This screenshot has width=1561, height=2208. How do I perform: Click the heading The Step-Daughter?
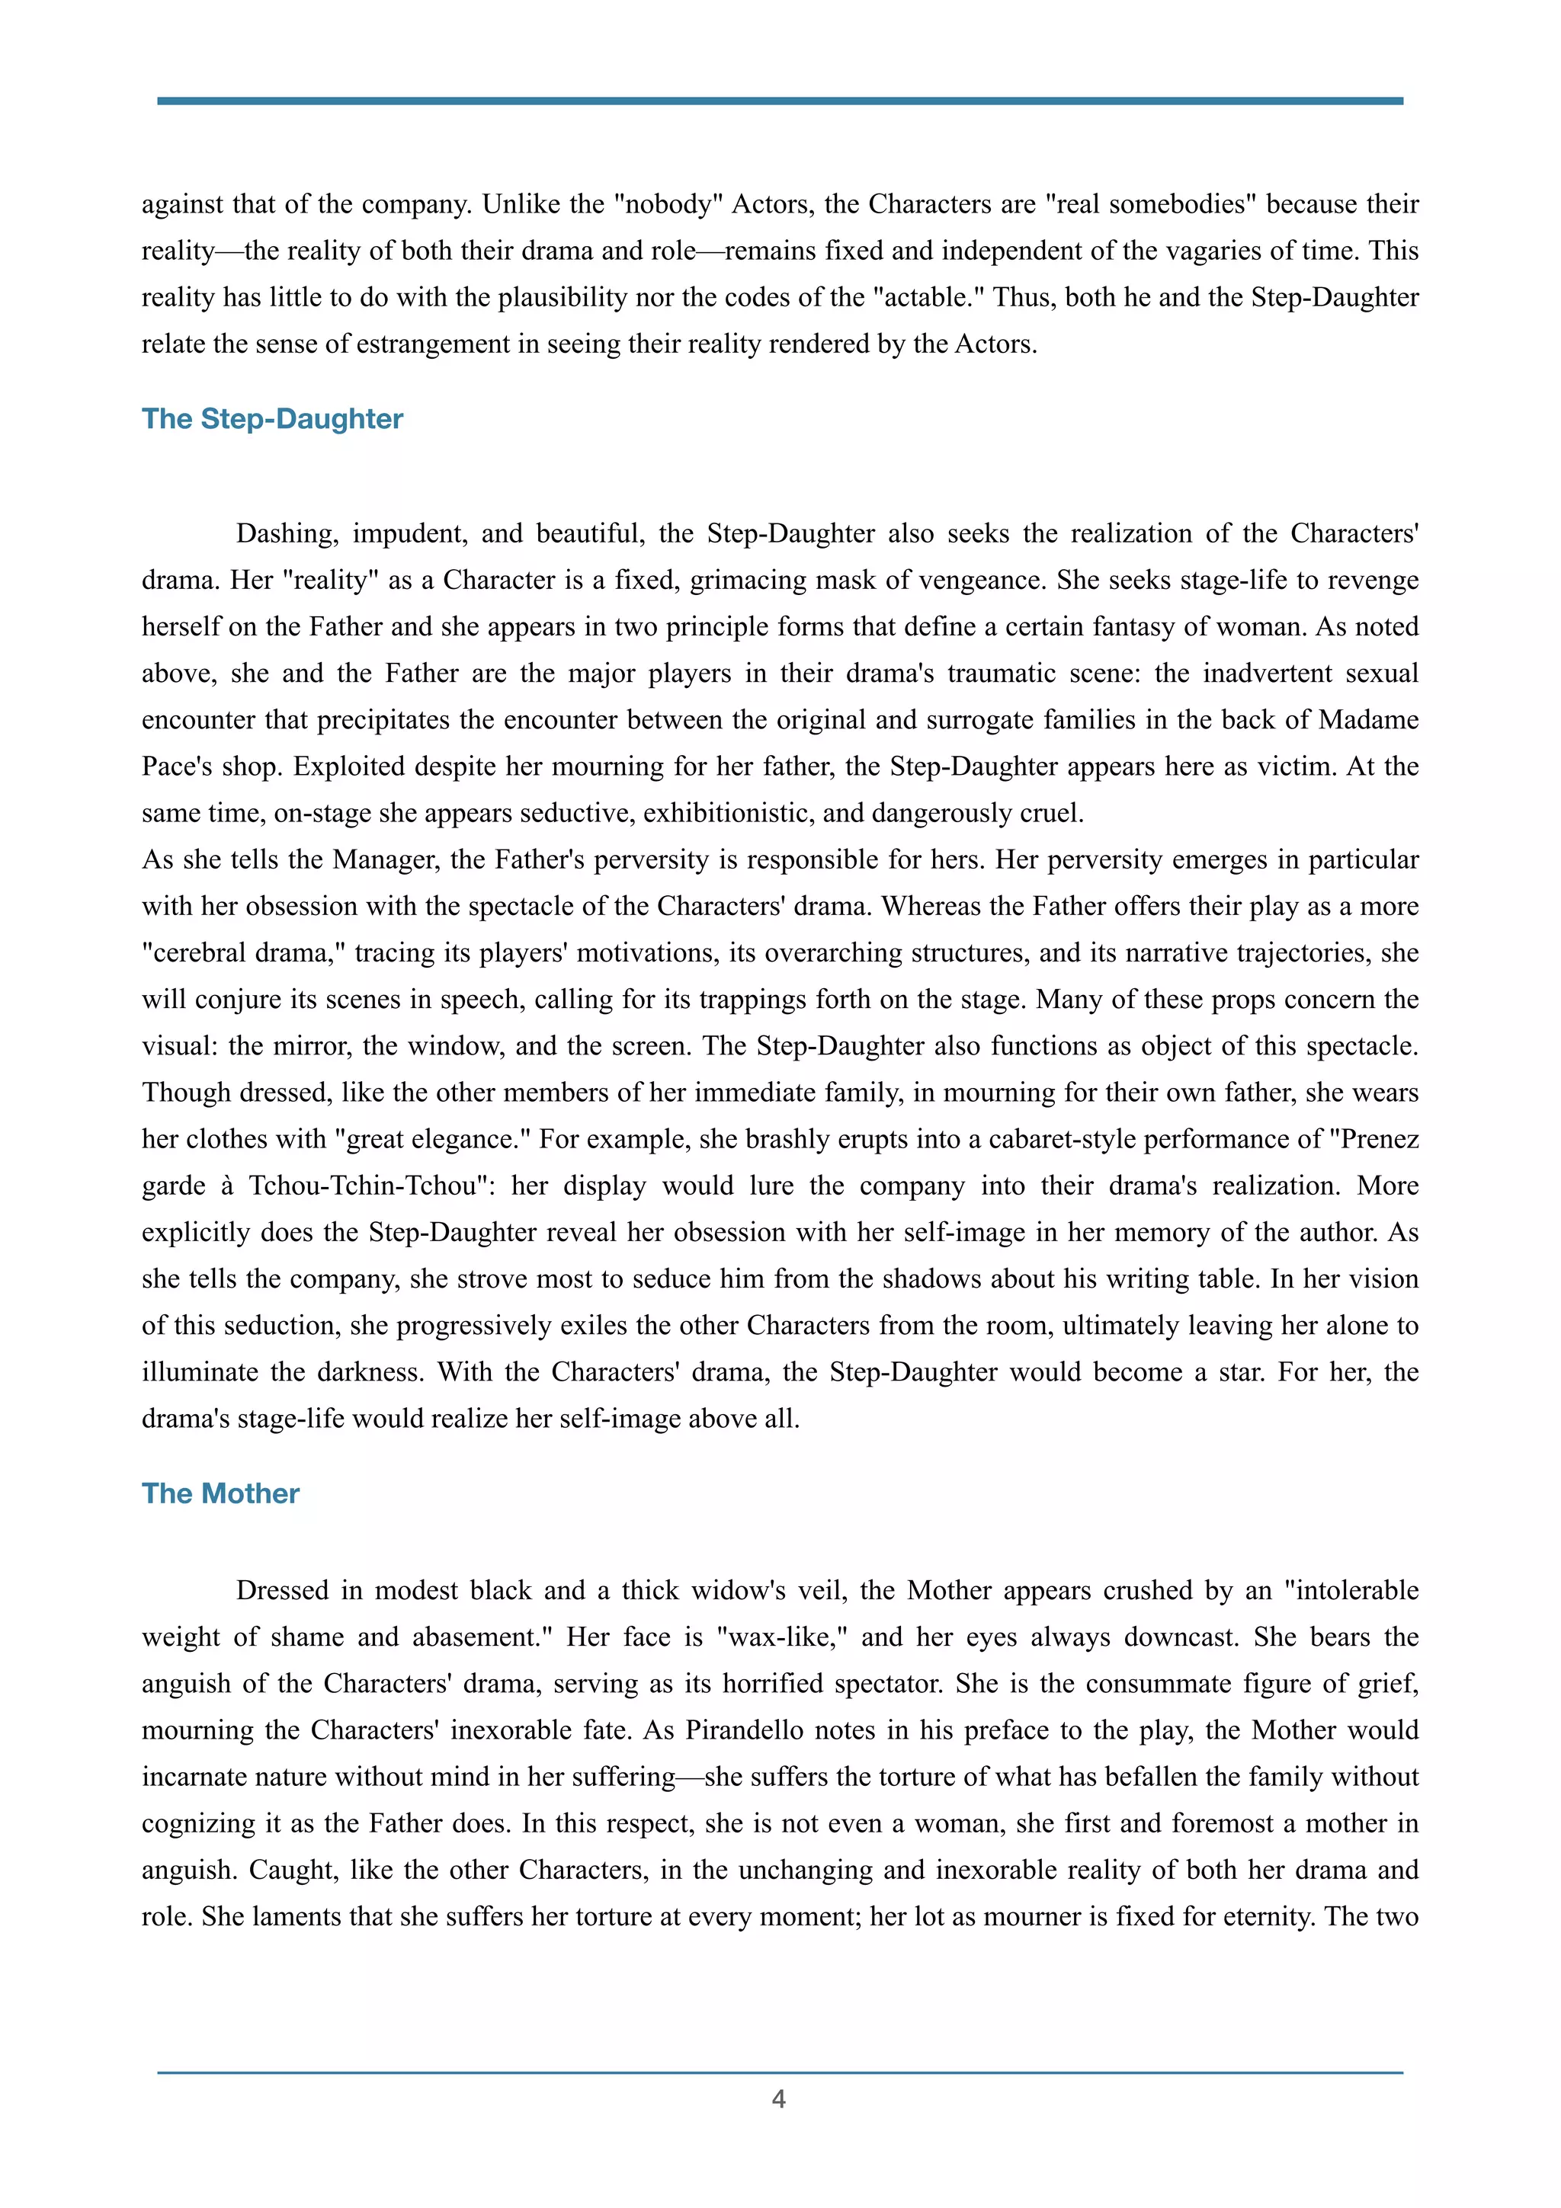tap(272, 419)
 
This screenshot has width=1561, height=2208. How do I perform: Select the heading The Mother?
tap(220, 1493)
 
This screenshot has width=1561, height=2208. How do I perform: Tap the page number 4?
tap(779, 2099)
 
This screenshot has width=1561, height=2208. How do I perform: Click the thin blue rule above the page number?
tap(780, 2072)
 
